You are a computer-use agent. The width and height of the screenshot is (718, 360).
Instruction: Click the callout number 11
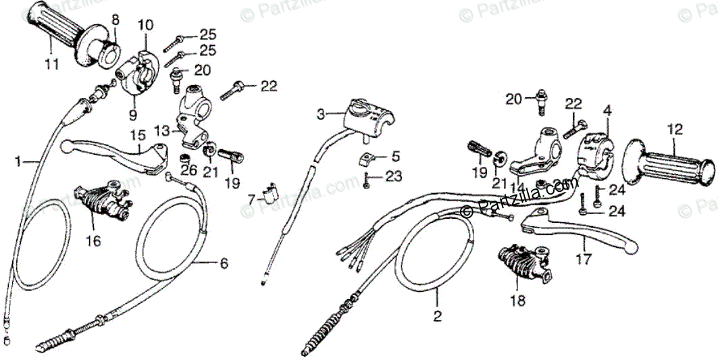coord(52,65)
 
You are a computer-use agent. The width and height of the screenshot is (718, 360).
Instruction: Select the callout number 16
coord(93,240)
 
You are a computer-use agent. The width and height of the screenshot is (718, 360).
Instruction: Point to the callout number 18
coord(518,301)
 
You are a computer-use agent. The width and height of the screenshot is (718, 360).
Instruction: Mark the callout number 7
coord(252,200)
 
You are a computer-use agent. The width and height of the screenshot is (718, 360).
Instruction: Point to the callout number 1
coord(20,161)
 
